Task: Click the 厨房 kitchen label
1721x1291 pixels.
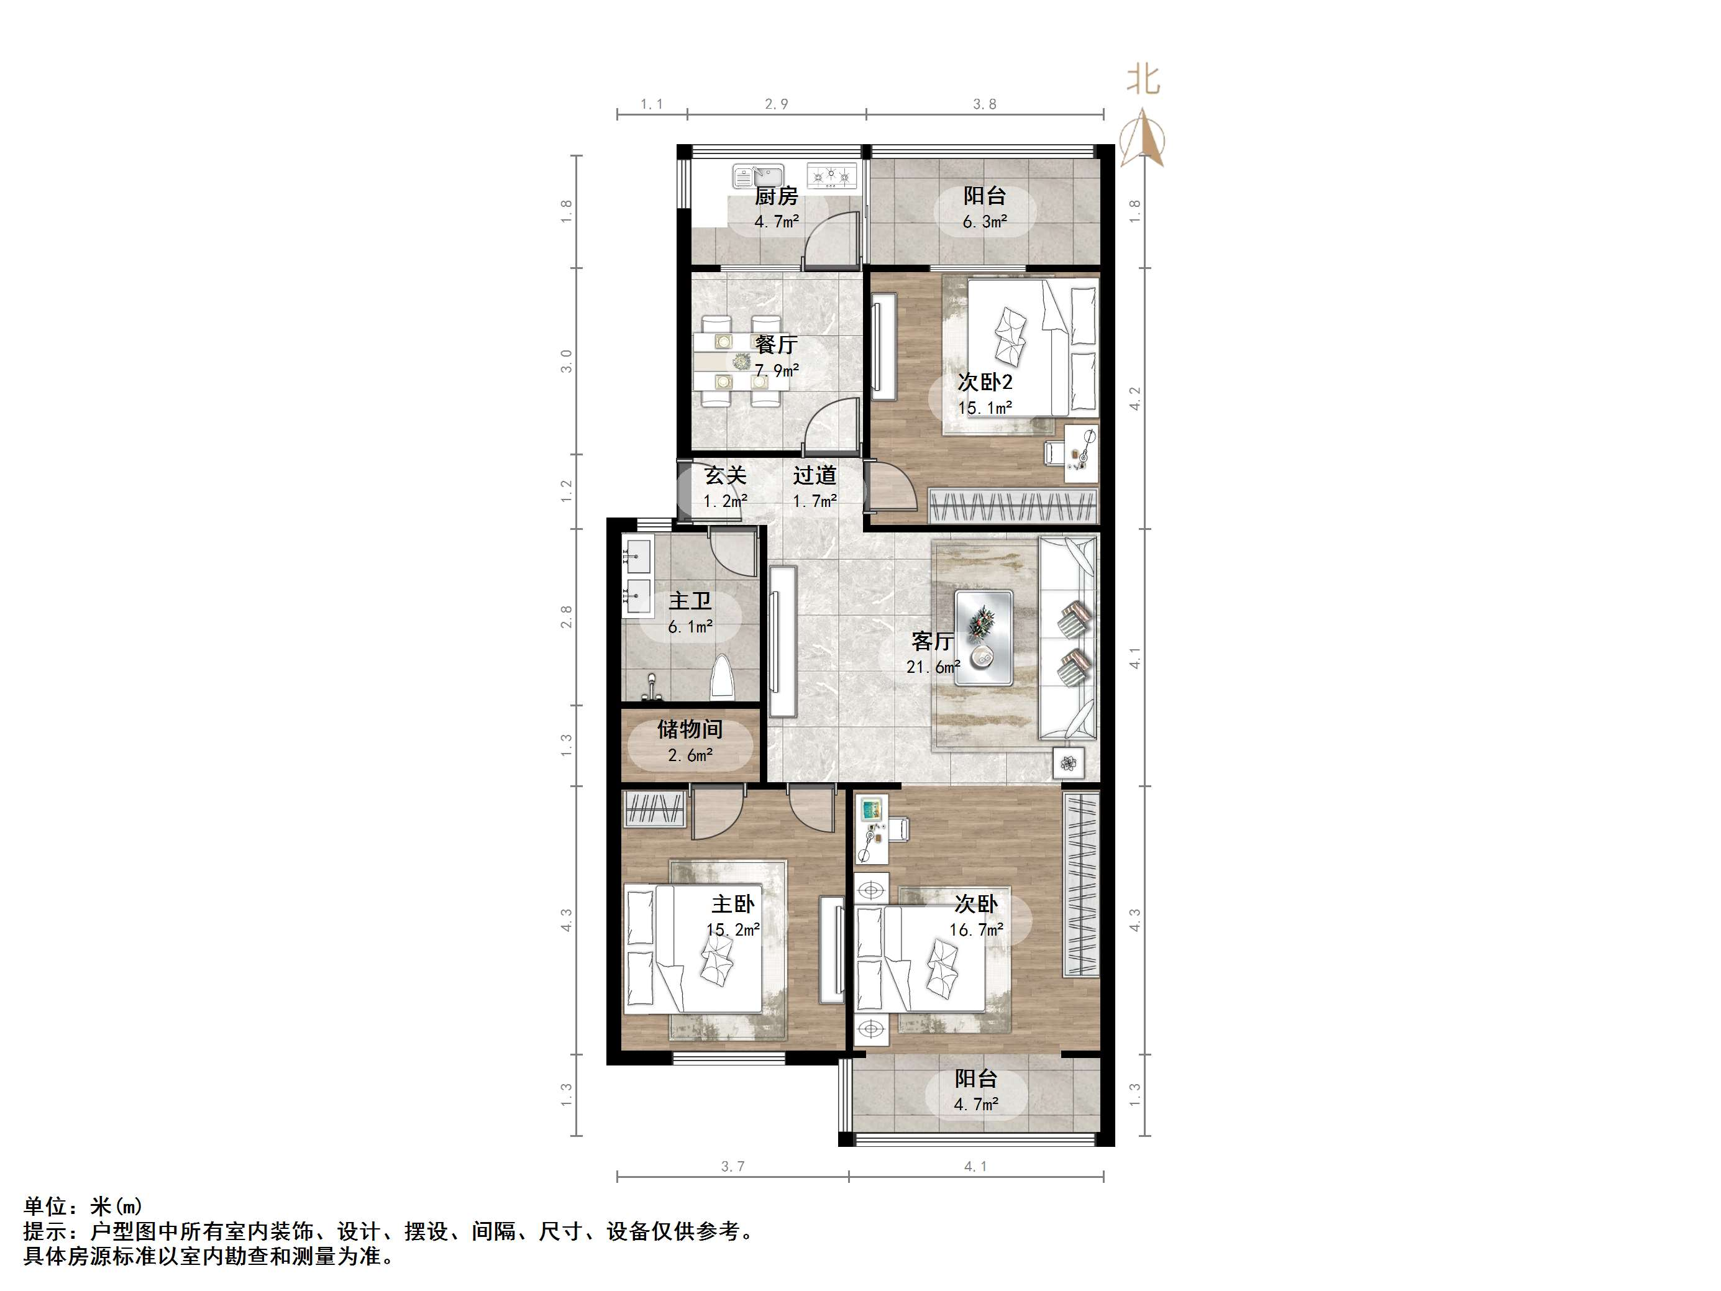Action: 776,196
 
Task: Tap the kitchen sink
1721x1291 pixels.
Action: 756,176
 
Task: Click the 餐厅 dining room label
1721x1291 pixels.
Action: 776,344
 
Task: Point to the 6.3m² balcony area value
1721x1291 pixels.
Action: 984,222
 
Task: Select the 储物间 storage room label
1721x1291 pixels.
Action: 690,729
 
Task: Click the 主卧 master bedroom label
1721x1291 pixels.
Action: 732,904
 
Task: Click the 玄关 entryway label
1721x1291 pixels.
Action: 725,475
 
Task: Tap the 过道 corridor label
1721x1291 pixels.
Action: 815,475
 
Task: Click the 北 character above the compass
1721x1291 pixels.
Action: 1144,80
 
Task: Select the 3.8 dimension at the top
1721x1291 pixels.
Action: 984,104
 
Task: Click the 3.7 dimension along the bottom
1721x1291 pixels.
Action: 732,1167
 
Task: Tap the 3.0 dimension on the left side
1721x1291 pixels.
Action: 567,361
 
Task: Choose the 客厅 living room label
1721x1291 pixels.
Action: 932,641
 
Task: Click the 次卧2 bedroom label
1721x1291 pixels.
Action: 984,382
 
